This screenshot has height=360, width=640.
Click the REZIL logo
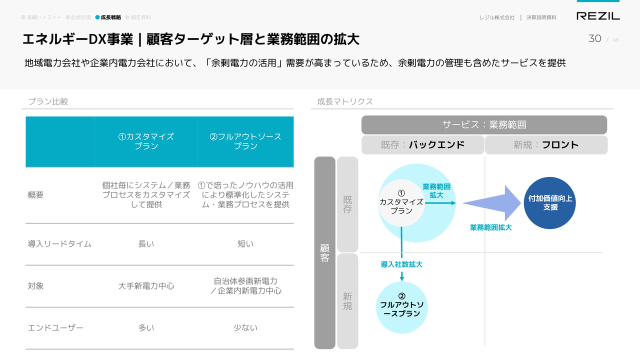pyautogui.click(x=598, y=16)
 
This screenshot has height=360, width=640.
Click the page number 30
pyautogui.click(x=594, y=38)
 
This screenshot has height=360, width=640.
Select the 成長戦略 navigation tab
pyautogui.click(x=108, y=17)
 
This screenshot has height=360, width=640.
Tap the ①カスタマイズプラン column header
pyautogui.click(x=146, y=141)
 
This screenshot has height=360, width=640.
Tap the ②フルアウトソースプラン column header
pyautogui.click(x=245, y=141)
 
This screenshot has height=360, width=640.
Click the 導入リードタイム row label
pyautogui.click(x=59, y=244)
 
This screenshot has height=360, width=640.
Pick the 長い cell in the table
pyautogui.click(x=146, y=244)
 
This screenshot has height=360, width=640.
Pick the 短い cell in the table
pyautogui.click(x=245, y=244)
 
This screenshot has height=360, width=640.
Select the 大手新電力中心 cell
pyautogui.click(x=146, y=286)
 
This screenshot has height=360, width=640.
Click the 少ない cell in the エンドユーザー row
pyautogui.click(x=245, y=327)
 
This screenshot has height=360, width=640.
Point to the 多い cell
pyautogui.click(x=146, y=327)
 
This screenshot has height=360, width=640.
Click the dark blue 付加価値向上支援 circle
pyautogui.click(x=549, y=203)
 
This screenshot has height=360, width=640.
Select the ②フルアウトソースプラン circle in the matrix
pyautogui.click(x=401, y=307)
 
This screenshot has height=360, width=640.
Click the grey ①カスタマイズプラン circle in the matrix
pyautogui.click(x=401, y=203)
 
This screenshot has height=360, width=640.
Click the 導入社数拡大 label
pyautogui.click(x=401, y=264)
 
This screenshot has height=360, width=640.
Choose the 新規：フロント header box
pyautogui.click(x=546, y=145)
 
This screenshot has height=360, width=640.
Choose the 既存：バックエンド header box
pyautogui.click(x=422, y=145)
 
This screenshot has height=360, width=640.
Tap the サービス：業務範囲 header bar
pyautogui.click(x=484, y=125)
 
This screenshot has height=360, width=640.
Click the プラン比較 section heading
pyautogui.click(x=48, y=101)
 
